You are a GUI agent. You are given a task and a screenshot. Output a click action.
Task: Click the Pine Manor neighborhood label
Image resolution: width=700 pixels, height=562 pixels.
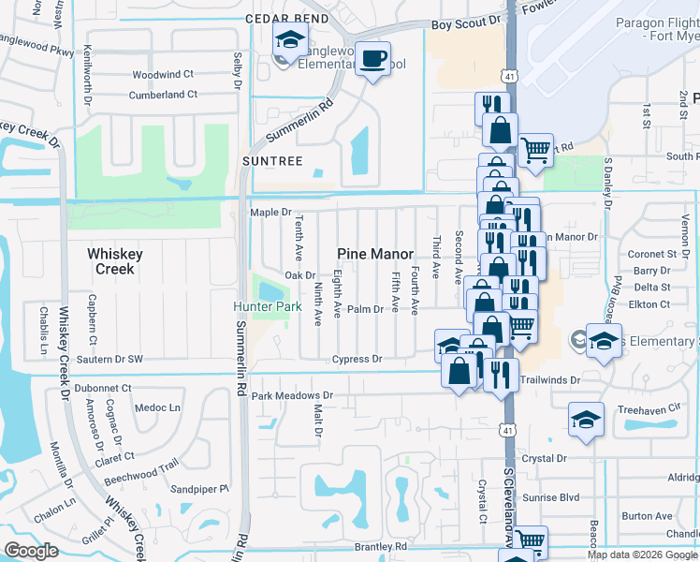tap(374, 254)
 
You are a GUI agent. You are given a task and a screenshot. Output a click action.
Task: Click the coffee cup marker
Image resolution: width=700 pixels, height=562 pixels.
tap(373, 60)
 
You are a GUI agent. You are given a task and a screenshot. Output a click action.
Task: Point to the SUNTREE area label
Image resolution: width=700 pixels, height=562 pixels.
tap(272, 161)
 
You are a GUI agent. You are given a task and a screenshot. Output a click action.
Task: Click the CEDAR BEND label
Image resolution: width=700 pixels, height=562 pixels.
tap(287, 19)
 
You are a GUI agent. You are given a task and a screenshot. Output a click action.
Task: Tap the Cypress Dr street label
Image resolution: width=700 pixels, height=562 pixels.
tap(357, 359)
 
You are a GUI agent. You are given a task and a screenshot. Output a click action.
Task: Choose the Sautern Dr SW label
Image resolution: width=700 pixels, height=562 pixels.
tap(109, 359)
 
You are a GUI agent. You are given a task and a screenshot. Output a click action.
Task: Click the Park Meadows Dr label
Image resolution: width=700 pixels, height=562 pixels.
tap(292, 396)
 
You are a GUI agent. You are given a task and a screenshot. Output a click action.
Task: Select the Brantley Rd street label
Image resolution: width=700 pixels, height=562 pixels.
tap(381, 546)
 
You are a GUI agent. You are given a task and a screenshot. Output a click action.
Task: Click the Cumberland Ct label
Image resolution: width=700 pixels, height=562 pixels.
tap(163, 95)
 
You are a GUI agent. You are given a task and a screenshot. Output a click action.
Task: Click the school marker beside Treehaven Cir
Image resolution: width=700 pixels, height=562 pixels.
tap(586, 420)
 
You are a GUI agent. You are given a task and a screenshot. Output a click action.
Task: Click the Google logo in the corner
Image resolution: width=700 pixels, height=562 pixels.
tap(32, 551)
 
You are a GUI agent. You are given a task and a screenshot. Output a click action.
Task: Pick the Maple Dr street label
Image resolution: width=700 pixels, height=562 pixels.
tap(271, 213)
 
